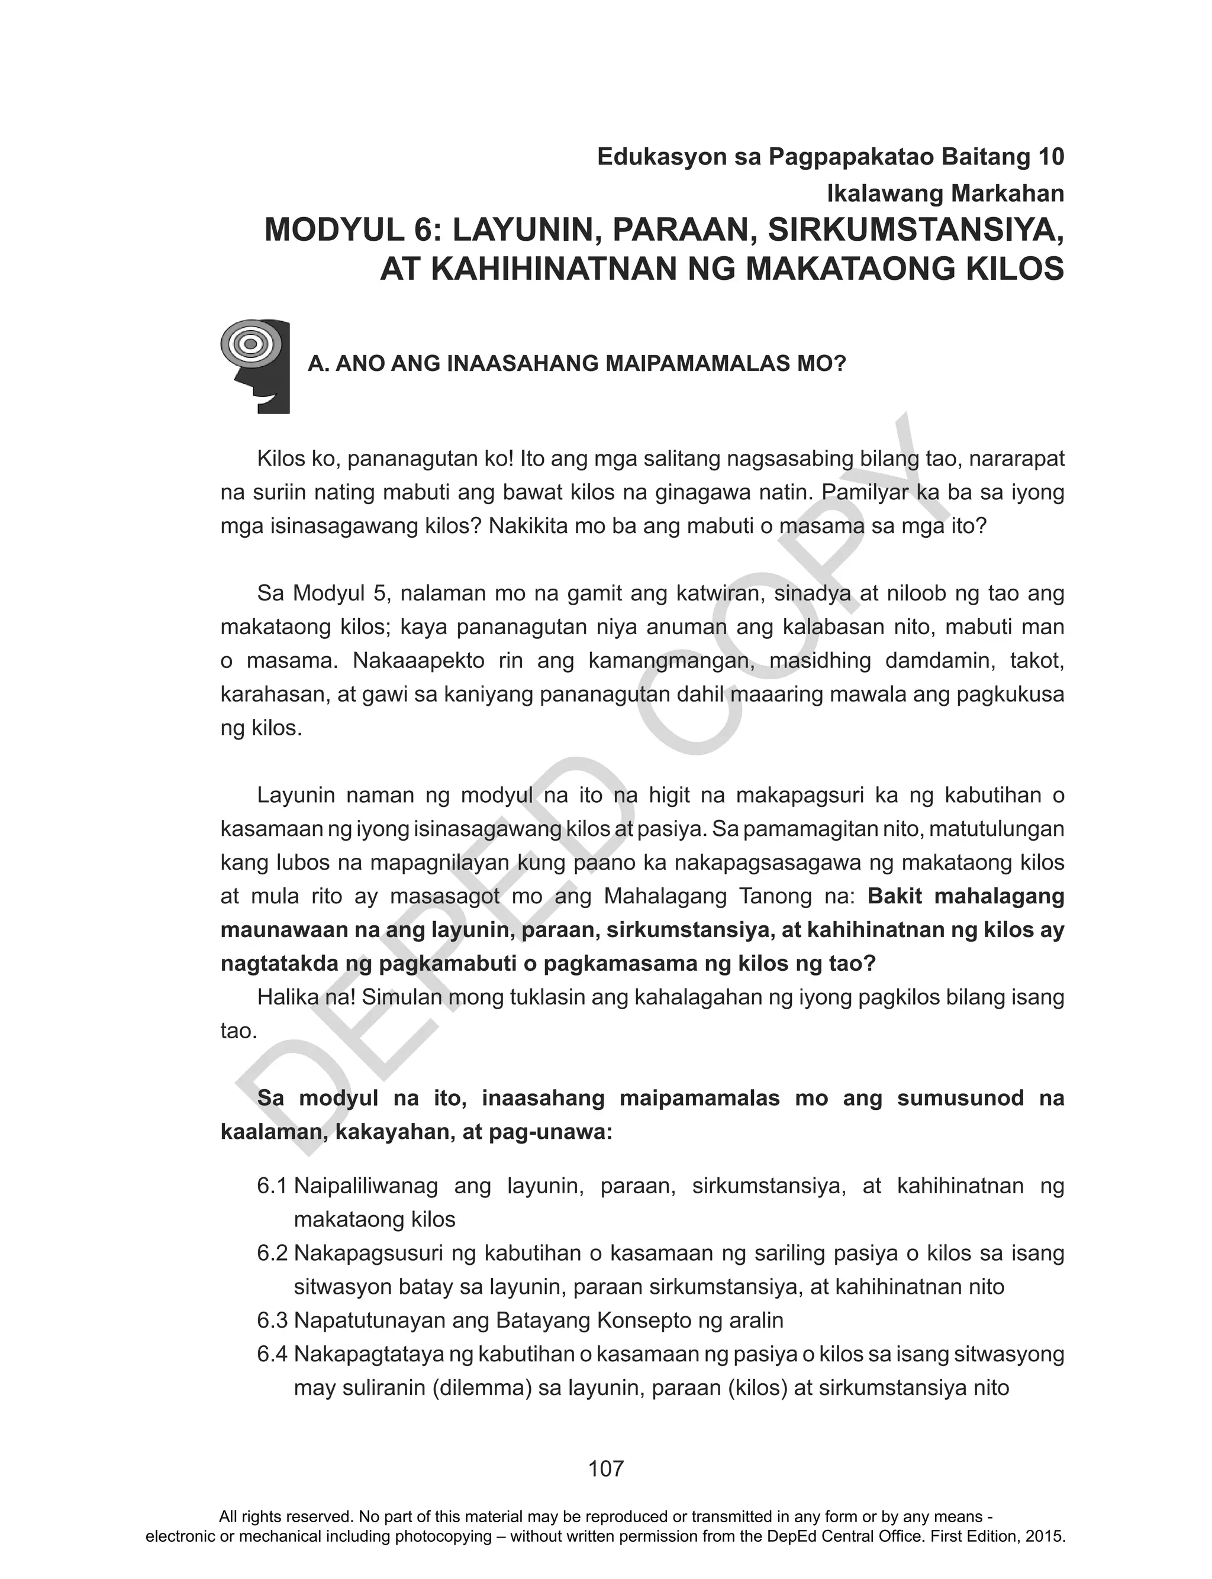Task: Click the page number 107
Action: [x=605, y=1468]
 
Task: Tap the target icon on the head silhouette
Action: [x=250, y=344]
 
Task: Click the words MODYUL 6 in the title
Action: [x=353, y=231]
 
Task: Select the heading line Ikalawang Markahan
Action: [x=945, y=193]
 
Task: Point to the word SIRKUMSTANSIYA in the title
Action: [x=916, y=231]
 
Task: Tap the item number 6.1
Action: [x=272, y=1186]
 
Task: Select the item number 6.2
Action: [x=272, y=1253]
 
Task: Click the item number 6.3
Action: [x=272, y=1320]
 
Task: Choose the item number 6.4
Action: [x=272, y=1354]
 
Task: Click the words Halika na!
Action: [x=306, y=997]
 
